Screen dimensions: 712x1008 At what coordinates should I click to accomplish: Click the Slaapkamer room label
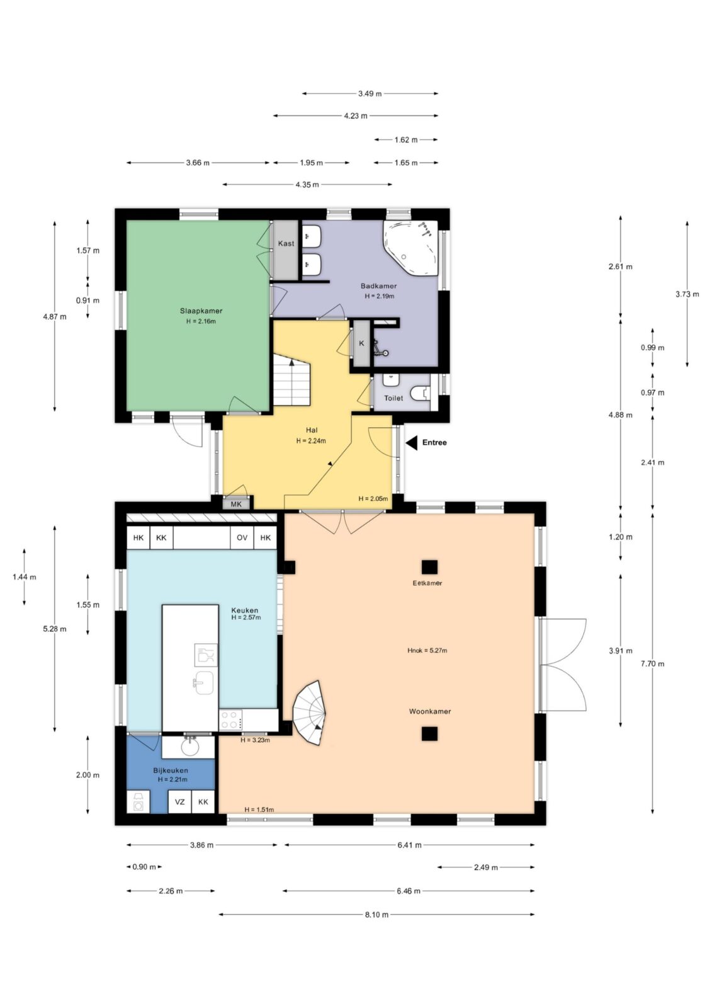pyautogui.click(x=201, y=311)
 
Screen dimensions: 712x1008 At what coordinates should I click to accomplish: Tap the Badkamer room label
pyautogui.click(x=378, y=286)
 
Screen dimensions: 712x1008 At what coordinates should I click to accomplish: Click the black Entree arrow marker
pyautogui.click(x=411, y=442)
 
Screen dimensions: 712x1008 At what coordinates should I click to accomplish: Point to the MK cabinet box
pyautogui.click(x=236, y=504)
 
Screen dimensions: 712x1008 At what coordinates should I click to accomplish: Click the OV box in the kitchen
pyautogui.click(x=242, y=537)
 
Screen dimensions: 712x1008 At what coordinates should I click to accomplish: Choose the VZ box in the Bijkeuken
pyautogui.click(x=180, y=801)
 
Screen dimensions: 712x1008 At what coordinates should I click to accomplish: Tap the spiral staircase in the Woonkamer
pyautogui.click(x=309, y=713)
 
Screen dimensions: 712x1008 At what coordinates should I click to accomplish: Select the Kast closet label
pyautogui.click(x=286, y=243)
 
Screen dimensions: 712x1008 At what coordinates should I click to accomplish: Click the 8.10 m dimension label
pyautogui.click(x=376, y=914)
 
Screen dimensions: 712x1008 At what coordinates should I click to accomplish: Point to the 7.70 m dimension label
pyautogui.click(x=652, y=664)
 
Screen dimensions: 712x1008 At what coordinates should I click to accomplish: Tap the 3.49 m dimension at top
pyautogui.click(x=370, y=94)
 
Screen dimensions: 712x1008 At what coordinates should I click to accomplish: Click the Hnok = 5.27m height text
pyautogui.click(x=427, y=650)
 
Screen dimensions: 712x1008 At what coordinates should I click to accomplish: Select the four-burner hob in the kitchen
pyautogui.click(x=230, y=719)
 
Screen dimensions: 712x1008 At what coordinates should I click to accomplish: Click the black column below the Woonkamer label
pyautogui.click(x=429, y=733)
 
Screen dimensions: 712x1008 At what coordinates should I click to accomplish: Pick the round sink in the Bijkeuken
pyautogui.click(x=190, y=747)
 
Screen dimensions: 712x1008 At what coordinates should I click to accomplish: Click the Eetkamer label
pyautogui.click(x=427, y=583)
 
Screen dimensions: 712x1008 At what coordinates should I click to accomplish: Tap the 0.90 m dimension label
pyautogui.click(x=144, y=867)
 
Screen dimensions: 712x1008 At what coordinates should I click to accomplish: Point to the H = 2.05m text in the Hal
pyautogui.click(x=373, y=498)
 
